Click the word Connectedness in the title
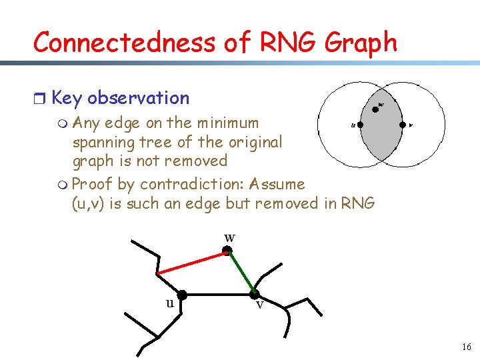124,43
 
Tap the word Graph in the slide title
361,43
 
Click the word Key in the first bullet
67,98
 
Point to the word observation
138,98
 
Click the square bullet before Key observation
39,99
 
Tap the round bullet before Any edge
63,123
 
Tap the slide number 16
465,347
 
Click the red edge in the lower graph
191,263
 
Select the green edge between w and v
241,272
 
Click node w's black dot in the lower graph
227,251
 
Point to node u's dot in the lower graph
181,294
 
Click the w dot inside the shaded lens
375,109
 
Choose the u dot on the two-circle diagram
360,124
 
